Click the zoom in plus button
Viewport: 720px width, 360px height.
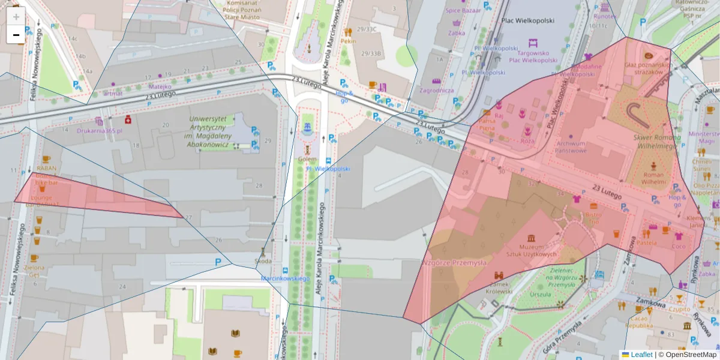(16, 16)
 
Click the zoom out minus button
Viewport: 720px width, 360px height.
(16, 35)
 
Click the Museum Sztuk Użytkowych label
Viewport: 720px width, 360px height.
(531, 250)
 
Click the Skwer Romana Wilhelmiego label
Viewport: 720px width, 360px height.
(655, 141)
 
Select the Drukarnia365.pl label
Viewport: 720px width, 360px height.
(99, 130)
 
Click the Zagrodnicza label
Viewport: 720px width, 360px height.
(437, 91)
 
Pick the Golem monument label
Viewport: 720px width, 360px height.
(307, 159)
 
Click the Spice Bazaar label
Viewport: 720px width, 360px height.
(463, 11)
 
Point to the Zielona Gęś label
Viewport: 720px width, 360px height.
(34, 271)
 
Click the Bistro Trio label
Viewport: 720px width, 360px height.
(593, 218)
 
